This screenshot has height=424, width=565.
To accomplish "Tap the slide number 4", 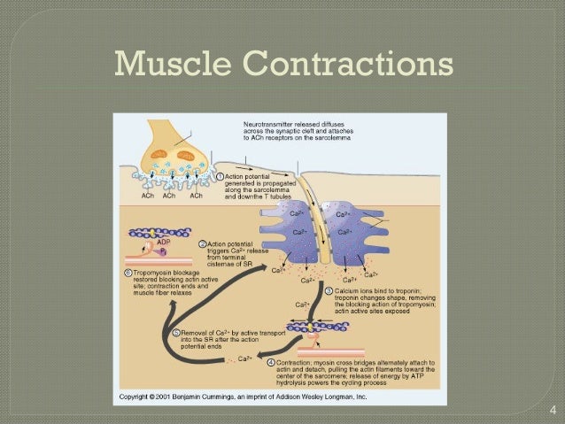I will pyautogui.click(x=553, y=409).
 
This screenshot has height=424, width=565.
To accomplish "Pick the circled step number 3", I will pyautogui.click(x=329, y=290).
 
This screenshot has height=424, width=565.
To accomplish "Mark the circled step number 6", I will pyautogui.click(x=128, y=272).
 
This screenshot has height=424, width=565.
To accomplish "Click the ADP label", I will pyautogui.click(x=163, y=241).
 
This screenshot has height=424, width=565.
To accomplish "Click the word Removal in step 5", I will pyautogui.click(x=196, y=334).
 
